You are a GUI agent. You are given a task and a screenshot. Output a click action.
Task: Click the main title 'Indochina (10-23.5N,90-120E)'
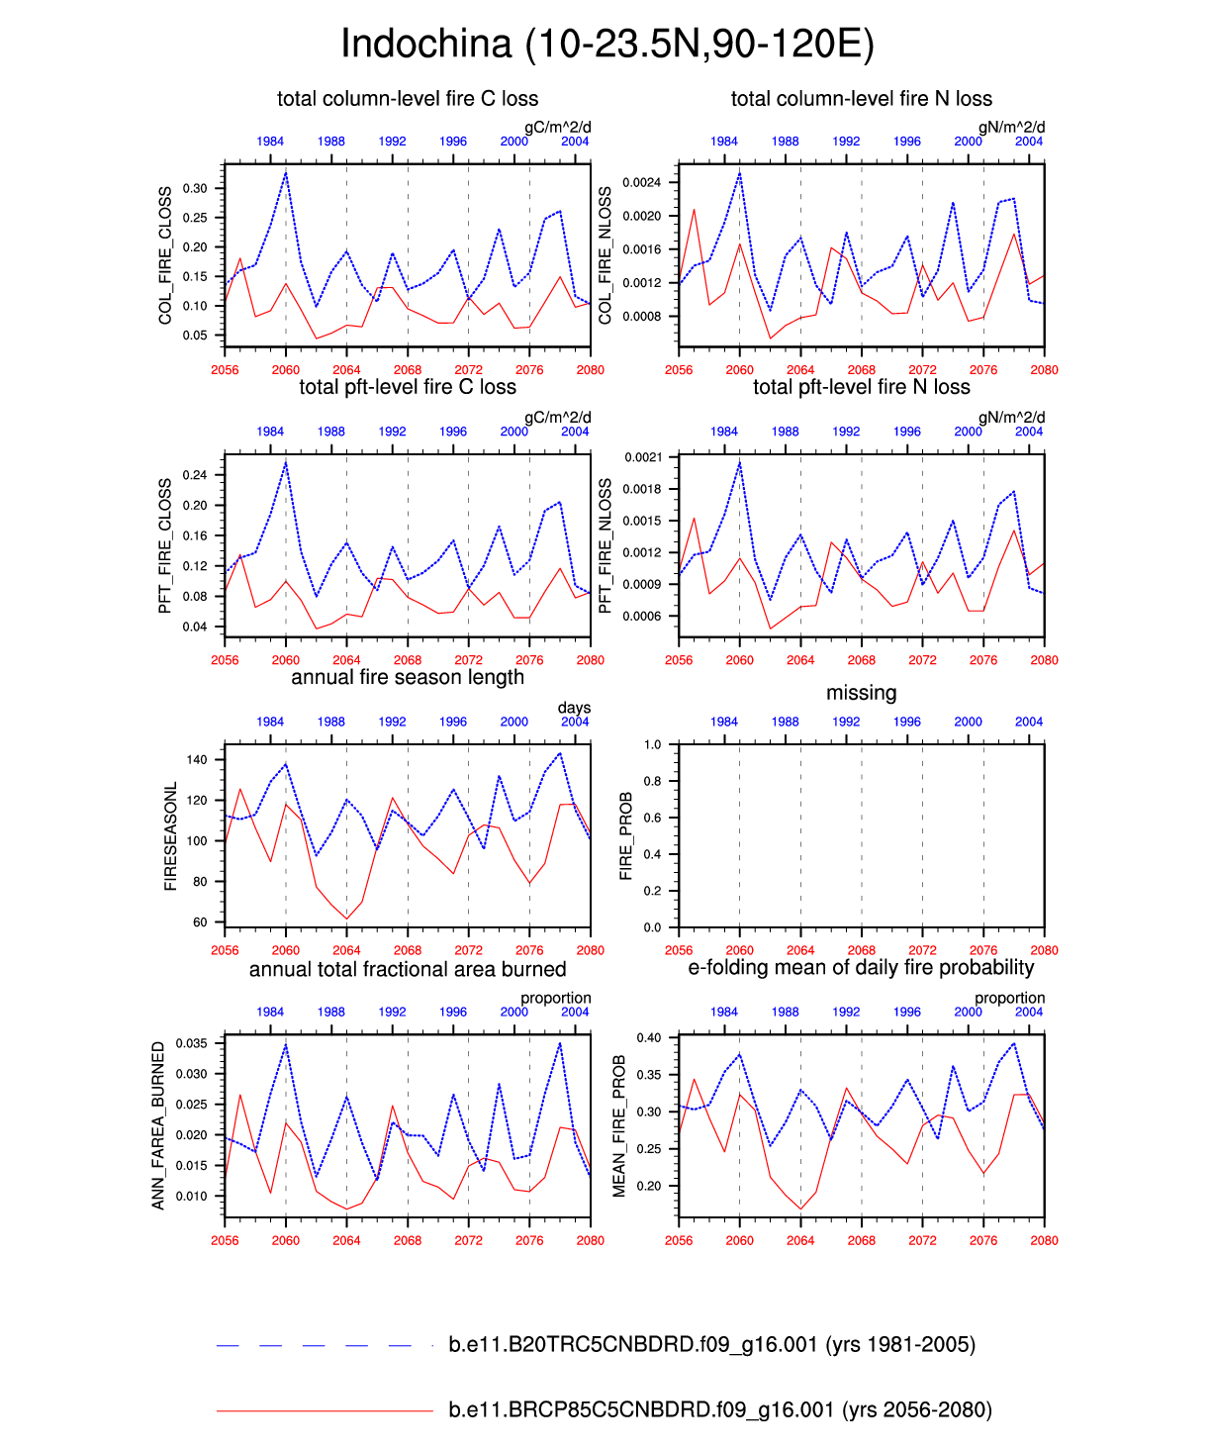point(606,45)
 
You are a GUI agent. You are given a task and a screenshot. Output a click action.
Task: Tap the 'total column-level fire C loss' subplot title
point(408,99)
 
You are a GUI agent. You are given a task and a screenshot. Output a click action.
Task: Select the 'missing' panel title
point(861,693)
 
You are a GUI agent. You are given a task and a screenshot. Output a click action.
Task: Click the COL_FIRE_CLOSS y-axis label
point(165,255)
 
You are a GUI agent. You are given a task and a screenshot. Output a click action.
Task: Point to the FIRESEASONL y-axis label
point(170,836)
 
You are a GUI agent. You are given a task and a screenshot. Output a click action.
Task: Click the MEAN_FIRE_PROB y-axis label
point(619,1125)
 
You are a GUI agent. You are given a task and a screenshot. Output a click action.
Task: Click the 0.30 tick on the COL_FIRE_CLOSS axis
point(196,188)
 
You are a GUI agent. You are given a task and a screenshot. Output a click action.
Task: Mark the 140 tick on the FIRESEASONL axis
point(197,760)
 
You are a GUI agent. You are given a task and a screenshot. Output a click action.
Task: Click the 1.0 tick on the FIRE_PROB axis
point(652,745)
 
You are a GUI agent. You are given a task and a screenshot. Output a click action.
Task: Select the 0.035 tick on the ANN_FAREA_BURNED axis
point(192,1043)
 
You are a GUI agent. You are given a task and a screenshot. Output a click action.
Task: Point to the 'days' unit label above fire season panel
point(574,708)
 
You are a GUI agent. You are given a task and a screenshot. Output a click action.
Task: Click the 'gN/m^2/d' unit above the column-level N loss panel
point(1011,127)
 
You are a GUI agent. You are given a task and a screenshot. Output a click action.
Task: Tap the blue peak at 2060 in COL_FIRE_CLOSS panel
point(286,173)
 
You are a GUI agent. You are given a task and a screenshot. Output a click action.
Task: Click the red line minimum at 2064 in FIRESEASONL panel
point(346,919)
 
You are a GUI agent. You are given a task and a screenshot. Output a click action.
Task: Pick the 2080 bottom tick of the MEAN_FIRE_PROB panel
point(1044,1240)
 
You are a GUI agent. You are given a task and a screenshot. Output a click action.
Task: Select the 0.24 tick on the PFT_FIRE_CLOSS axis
point(195,475)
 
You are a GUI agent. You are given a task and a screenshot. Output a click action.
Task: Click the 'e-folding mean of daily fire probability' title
point(861,967)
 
